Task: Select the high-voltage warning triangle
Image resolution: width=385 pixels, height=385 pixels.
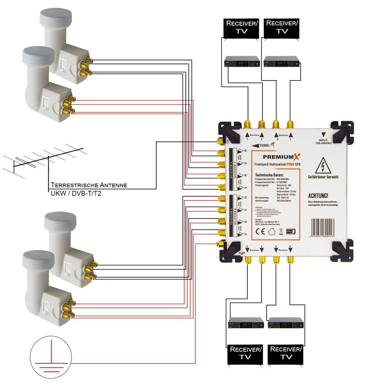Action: tap(323, 167)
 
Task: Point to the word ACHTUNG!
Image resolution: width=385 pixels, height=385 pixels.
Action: tap(318, 195)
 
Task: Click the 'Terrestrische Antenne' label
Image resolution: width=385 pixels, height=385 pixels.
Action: tap(89, 185)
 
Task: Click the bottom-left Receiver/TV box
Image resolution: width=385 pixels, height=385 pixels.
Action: tap(245, 354)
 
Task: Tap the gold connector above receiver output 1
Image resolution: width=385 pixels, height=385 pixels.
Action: tap(248, 124)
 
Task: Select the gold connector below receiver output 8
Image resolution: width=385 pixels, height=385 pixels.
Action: tap(290, 259)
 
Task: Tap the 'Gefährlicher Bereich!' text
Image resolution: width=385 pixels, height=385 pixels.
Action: tap(323, 177)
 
